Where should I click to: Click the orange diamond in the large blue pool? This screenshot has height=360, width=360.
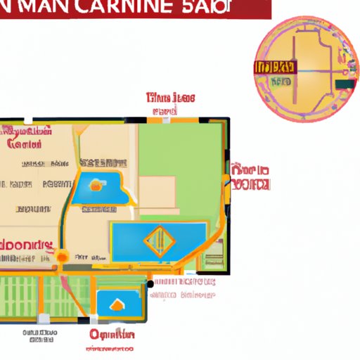158,241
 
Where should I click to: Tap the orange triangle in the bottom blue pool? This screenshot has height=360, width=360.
116,304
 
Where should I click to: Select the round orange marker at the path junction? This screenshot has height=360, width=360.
63,256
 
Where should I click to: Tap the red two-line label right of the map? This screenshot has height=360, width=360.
250,178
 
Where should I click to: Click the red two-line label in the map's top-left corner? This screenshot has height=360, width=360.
28,138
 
